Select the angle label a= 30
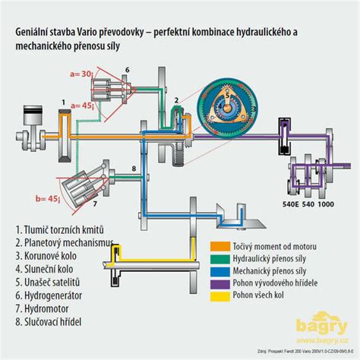(82, 74)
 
